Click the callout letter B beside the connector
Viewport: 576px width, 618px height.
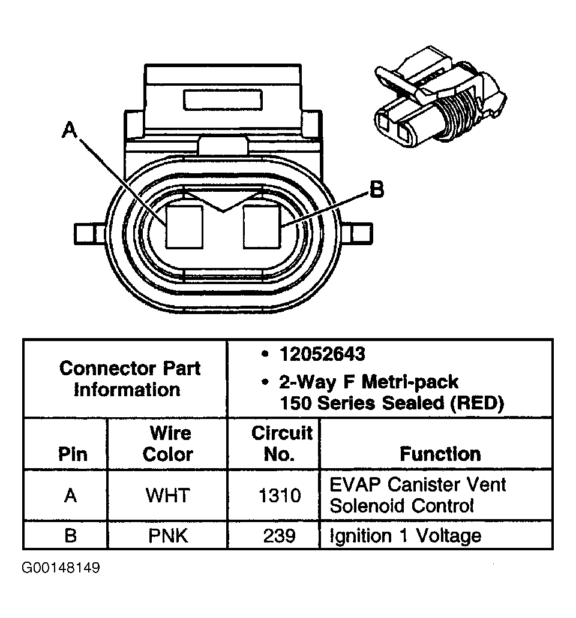[x=376, y=191]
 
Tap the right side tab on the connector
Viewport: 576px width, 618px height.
[x=359, y=233]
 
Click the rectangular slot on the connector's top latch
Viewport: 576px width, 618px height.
[x=223, y=100]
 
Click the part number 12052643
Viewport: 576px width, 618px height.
[x=322, y=354]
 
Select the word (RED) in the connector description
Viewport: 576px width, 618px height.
[x=476, y=403]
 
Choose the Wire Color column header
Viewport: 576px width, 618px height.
[x=169, y=444]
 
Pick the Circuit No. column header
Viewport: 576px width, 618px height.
[x=281, y=444]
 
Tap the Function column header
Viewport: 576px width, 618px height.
[x=440, y=454]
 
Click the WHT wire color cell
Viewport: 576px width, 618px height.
[x=168, y=495]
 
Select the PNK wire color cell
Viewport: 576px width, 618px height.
[x=168, y=535]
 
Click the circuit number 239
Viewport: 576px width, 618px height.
[x=280, y=535]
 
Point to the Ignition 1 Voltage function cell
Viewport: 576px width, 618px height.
[x=406, y=535]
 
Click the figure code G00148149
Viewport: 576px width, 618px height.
[x=61, y=568]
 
